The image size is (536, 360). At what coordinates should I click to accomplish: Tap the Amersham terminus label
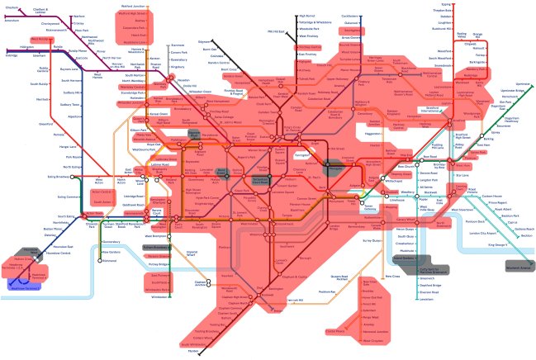coord(12,19)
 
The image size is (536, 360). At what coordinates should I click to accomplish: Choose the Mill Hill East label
coord(274,31)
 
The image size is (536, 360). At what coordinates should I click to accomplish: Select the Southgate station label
coord(351,30)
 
